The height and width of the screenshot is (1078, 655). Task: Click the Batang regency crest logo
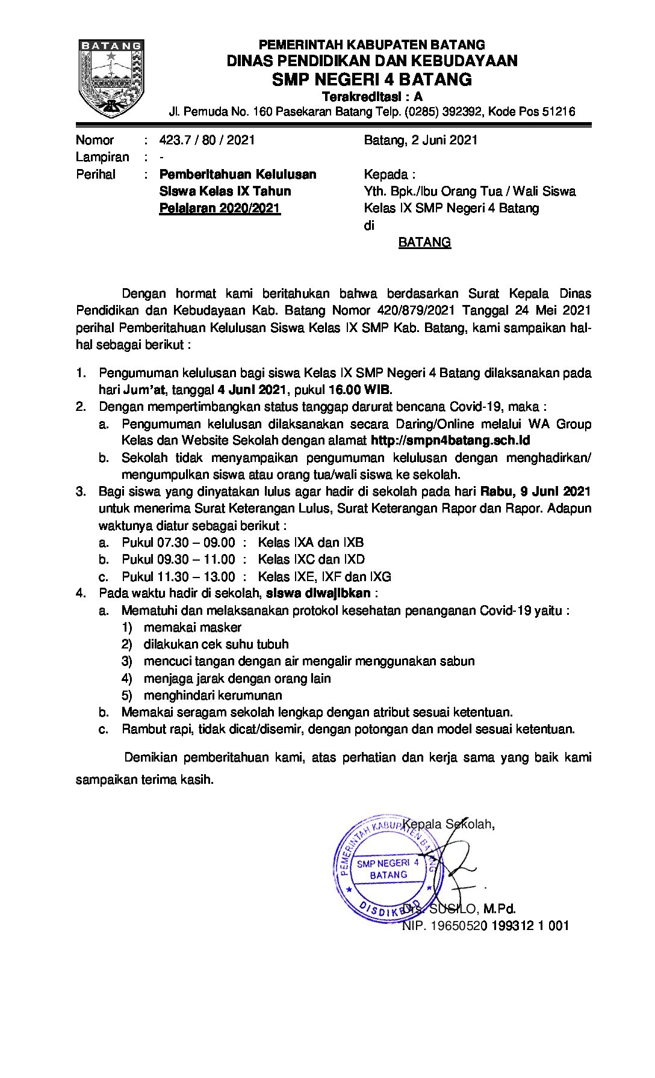[x=111, y=78]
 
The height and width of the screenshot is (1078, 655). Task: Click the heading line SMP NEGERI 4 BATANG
[x=371, y=79]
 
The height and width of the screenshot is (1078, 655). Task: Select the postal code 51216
[x=556, y=111]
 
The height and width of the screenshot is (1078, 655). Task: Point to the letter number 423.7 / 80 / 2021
[x=207, y=140]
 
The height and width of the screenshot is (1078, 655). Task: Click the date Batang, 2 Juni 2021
[x=420, y=140]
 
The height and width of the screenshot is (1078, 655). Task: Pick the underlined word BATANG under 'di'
[x=424, y=242]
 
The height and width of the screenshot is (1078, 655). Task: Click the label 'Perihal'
[x=95, y=174]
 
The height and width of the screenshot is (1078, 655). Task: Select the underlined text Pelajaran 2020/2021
[x=220, y=209]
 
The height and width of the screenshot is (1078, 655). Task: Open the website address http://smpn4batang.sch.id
[x=450, y=440]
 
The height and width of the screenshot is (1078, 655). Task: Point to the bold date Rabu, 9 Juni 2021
[x=535, y=491]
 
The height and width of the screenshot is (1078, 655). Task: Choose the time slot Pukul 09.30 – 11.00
[x=178, y=559]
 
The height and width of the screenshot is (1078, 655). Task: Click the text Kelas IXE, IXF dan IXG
[x=324, y=576]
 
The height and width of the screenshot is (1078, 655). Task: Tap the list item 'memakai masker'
[x=192, y=627]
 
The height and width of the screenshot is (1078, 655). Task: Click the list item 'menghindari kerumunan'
[x=213, y=695]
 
